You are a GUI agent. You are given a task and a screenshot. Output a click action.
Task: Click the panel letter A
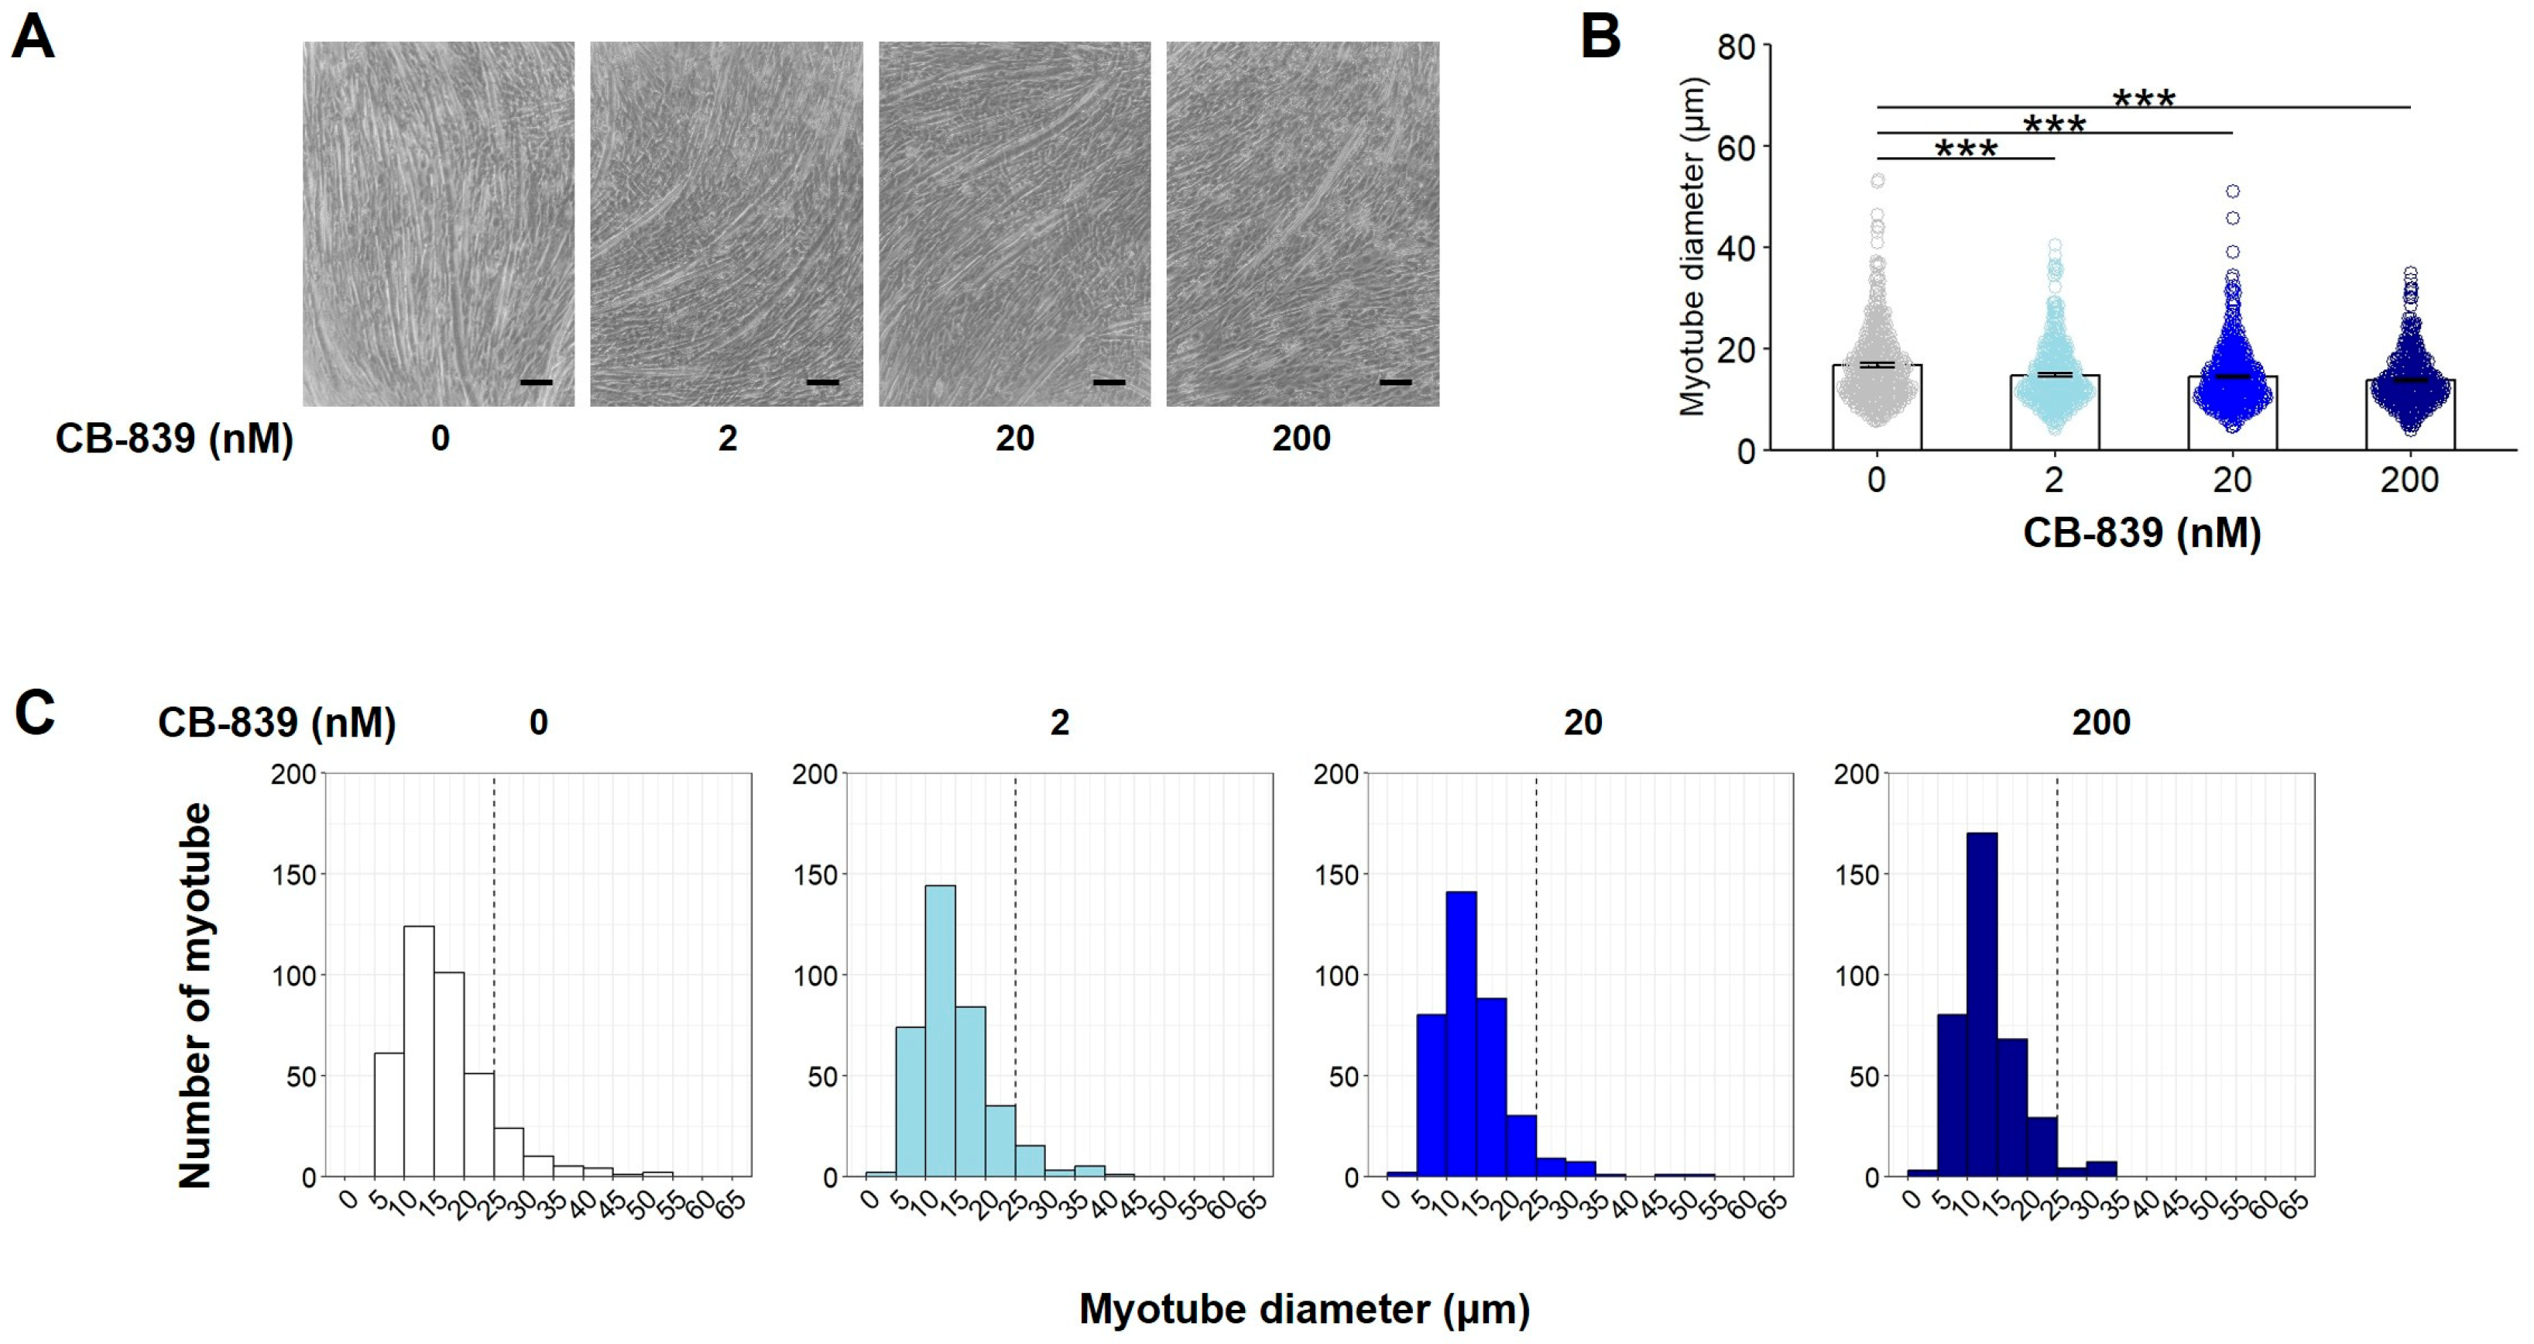click(x=33, y=40)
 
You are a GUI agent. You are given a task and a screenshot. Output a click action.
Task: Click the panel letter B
click(x=1600, y=37)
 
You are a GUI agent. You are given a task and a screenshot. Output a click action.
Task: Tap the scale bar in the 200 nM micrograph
click(x=1395, y=382)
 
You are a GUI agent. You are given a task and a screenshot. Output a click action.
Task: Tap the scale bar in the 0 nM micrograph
click(x=536, y=382)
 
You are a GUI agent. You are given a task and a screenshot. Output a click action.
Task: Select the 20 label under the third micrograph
click(x=1014, y=438)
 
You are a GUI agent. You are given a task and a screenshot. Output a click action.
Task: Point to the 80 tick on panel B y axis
click(x=1737, y=46)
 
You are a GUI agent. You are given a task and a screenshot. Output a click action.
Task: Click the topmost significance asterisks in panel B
click(x=2145, y=99)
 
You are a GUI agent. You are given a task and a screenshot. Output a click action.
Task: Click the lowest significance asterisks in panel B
click(x=1966, y=150)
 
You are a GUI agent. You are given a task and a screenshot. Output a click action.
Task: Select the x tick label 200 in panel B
click(x=2409, y=481)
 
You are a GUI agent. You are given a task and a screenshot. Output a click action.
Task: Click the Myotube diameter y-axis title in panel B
click(x=1692, y=246)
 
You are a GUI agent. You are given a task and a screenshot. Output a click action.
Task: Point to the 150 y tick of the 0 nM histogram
click(x=293, y=875)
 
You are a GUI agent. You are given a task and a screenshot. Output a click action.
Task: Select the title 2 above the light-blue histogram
click(x=1059, y=724)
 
